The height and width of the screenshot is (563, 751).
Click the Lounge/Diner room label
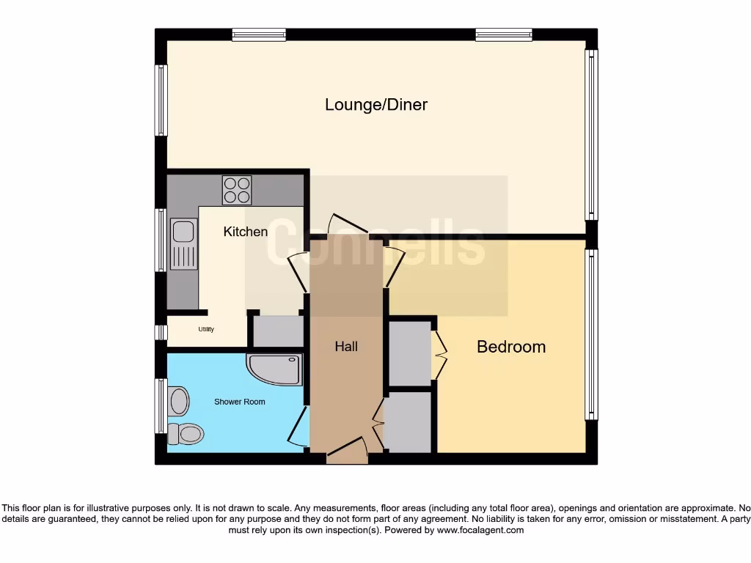pos(376,105)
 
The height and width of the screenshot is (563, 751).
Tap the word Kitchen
pos(245,232)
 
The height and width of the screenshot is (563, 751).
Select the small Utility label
pos(206,330)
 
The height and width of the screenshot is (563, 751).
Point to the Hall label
pos(346,346)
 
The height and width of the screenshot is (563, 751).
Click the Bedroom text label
pos(511,347)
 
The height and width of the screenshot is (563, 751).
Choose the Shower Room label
pos(239,402)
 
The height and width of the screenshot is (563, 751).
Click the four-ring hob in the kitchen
pos(237,191)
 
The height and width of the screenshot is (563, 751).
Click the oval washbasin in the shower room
pos(178,401)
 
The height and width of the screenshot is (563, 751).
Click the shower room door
pos(298,424)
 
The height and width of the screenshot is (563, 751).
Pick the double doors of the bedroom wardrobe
pos(439,356)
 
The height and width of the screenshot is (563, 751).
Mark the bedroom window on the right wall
pos(590,334)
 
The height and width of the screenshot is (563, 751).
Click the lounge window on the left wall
pos(161,100)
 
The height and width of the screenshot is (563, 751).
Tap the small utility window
pos(161,332)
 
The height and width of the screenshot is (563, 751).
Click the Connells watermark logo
pos(375,243)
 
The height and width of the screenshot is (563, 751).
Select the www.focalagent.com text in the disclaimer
pos(481,530)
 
